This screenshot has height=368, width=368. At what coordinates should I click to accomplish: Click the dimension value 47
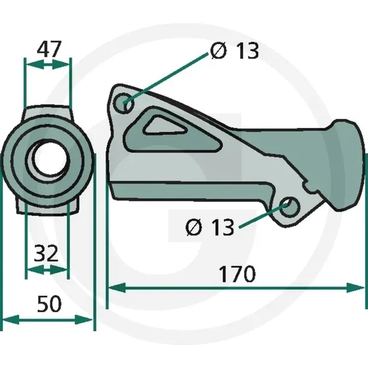pyautogui.click(x=49, y=49)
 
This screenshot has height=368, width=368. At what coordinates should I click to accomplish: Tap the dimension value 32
pyautogui.click(x=46, y=253)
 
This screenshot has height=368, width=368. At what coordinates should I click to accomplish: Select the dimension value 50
pyautogui.click(x=49, y=303)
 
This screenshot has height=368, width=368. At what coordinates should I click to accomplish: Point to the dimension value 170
pyautogui.click(x=237, y=274)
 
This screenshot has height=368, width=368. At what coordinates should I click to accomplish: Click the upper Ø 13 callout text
pyautogui.click(x=235, y=51)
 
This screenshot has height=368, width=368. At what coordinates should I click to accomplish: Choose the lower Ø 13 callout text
pyautogui.click(x=210, y=227)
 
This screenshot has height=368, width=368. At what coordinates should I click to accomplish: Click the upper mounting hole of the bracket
pyautogui.click(x=124, y=103)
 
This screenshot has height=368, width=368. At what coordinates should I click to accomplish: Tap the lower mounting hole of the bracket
pyautogui.click(x=290, y=207)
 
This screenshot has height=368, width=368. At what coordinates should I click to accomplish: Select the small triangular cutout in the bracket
pyautogui.click(x=164, y=126)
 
